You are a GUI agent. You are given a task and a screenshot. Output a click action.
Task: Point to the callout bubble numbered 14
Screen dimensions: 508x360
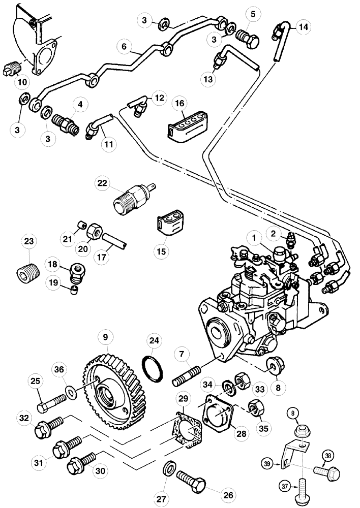pos(303,27)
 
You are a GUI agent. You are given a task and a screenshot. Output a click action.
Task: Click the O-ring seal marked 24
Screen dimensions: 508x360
pos(152,368)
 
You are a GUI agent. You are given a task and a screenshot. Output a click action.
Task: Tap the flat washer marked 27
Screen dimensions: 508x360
pos(170,465)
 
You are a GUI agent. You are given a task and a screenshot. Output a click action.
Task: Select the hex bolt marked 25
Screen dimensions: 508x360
pos(49,407)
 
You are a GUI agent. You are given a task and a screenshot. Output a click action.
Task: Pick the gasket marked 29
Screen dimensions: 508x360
pos(189,433)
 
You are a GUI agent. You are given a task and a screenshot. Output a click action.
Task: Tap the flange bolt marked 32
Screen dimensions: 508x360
pos(48,427)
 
